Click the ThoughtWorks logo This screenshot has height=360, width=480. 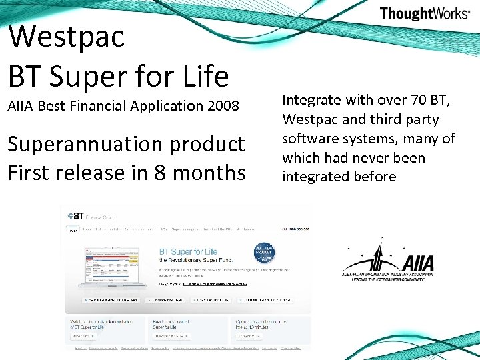coord(425,13)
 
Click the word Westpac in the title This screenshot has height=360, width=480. coord(67,36)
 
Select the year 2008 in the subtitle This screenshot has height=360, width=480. coord(223,105)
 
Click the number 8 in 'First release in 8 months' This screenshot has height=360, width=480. coord(159,173)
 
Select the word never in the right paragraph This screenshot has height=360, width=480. coord(378,158)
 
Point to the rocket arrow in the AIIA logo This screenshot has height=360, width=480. coord(380,257)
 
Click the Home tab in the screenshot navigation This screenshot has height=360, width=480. coord(72,230)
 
